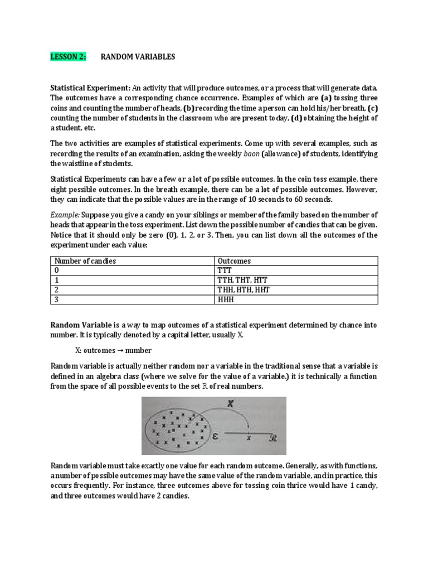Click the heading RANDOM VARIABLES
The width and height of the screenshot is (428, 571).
click(x=138, y=56)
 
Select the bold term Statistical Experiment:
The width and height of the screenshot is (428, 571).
click(x=91, y=88)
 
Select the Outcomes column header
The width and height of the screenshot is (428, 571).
click(x=234, y=260)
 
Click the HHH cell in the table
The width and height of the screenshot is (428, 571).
click(x=225, y=299)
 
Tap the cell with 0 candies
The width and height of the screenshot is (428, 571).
click(x=55, y=270)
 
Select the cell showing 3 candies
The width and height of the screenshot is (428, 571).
click(x=55, y=299)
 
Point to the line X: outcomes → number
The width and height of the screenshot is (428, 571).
click(x=113, y=350)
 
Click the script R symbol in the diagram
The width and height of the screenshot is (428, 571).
click(x=274, y=438)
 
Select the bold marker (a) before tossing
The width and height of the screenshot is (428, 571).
click(x=325, y=98)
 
